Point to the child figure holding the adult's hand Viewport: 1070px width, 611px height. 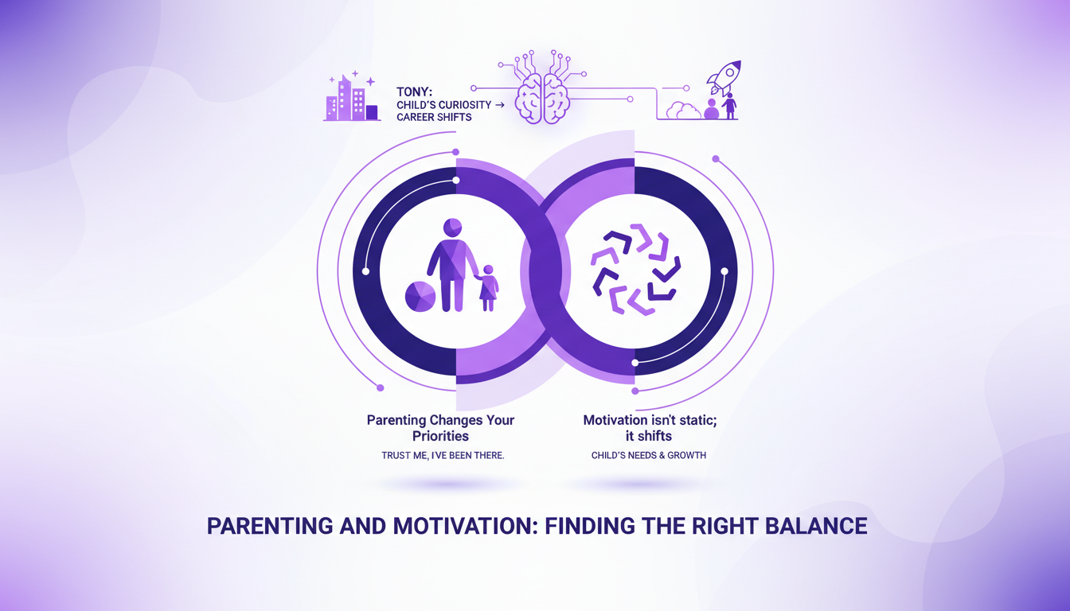coord(487,288)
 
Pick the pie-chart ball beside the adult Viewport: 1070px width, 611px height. coord(420,296)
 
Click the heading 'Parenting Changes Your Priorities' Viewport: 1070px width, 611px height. coord(440,427)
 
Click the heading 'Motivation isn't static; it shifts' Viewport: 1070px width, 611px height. coord(650,427)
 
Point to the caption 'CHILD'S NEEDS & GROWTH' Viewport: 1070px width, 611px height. coord(649,455)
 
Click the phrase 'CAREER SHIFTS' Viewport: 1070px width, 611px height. coord(434,117)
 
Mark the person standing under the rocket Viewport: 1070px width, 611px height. coord(728,106)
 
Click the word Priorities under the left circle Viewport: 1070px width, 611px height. coord(440,436)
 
